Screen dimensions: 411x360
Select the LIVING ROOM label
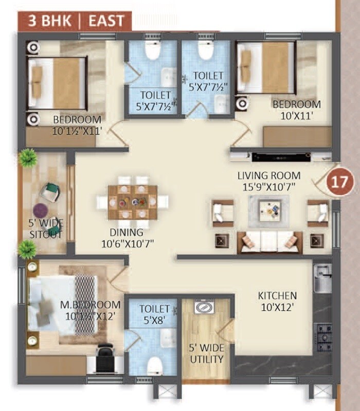pos(266,181)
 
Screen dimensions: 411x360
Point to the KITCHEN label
pos(277,301)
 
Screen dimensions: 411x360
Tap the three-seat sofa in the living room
pos(270,242)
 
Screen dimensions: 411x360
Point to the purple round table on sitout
pos(41,210)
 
